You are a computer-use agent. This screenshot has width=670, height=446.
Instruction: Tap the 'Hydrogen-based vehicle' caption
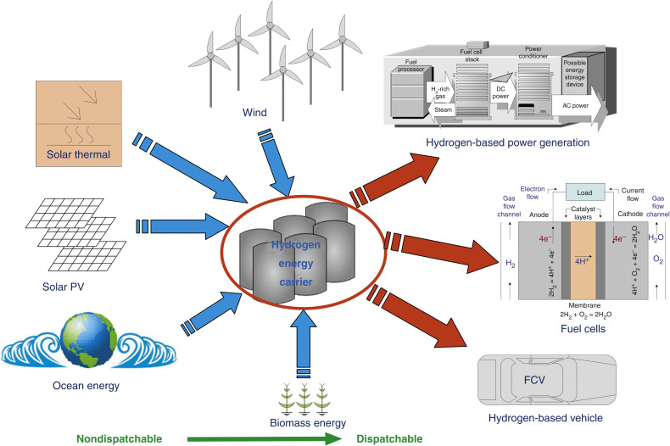point(550,417)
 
